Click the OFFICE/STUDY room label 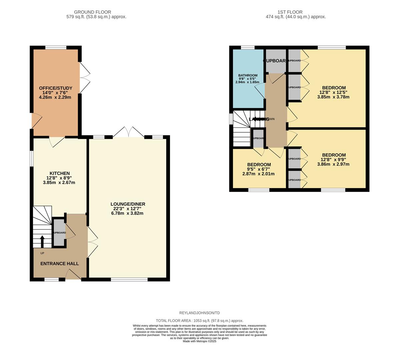56,88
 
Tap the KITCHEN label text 60,173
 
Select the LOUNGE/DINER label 128,204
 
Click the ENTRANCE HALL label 60,264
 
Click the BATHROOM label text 248,75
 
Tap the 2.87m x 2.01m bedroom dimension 259,174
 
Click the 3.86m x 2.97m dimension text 334,164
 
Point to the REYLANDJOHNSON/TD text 200,313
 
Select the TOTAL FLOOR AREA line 200,320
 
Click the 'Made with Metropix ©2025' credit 200,341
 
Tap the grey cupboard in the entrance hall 59,233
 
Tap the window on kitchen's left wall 31,158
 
